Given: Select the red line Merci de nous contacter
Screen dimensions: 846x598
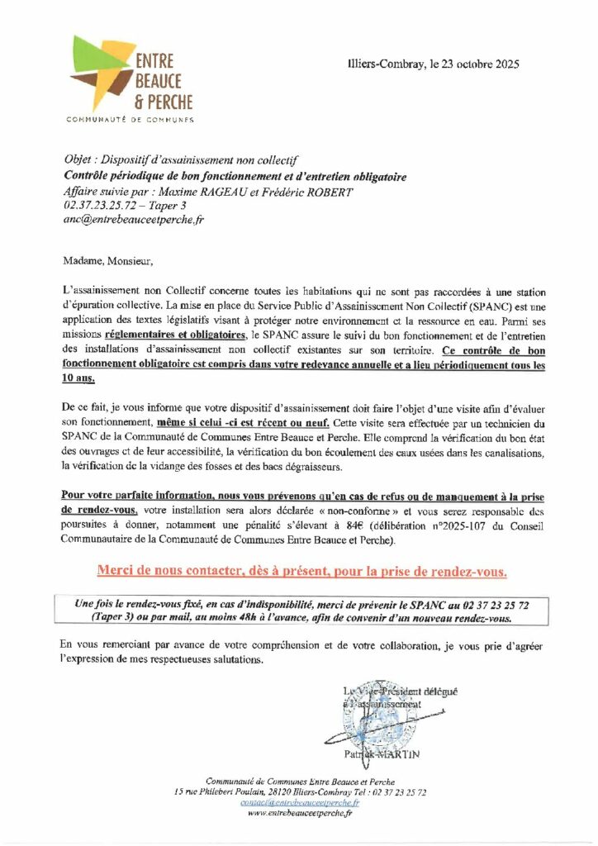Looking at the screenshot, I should pos(301,572).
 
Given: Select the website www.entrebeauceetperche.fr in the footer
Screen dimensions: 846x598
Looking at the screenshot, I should pos(300,813).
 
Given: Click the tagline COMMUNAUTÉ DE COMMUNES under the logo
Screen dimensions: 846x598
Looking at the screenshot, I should pos(130,120).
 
